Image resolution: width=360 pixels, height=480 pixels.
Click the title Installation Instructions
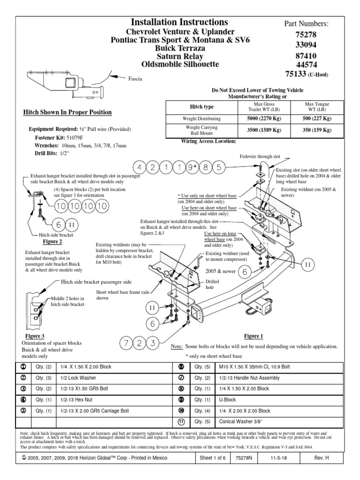tap(180, 22)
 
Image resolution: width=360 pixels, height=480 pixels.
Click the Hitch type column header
tap(201, 107)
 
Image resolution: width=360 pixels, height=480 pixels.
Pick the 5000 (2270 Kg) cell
tap(259, 119)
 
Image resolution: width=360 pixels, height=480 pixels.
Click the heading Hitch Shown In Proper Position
tap(67, 112)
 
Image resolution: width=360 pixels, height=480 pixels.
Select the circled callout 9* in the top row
tap(192, 167)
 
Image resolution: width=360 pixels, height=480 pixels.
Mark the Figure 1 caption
tap(254, 336)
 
